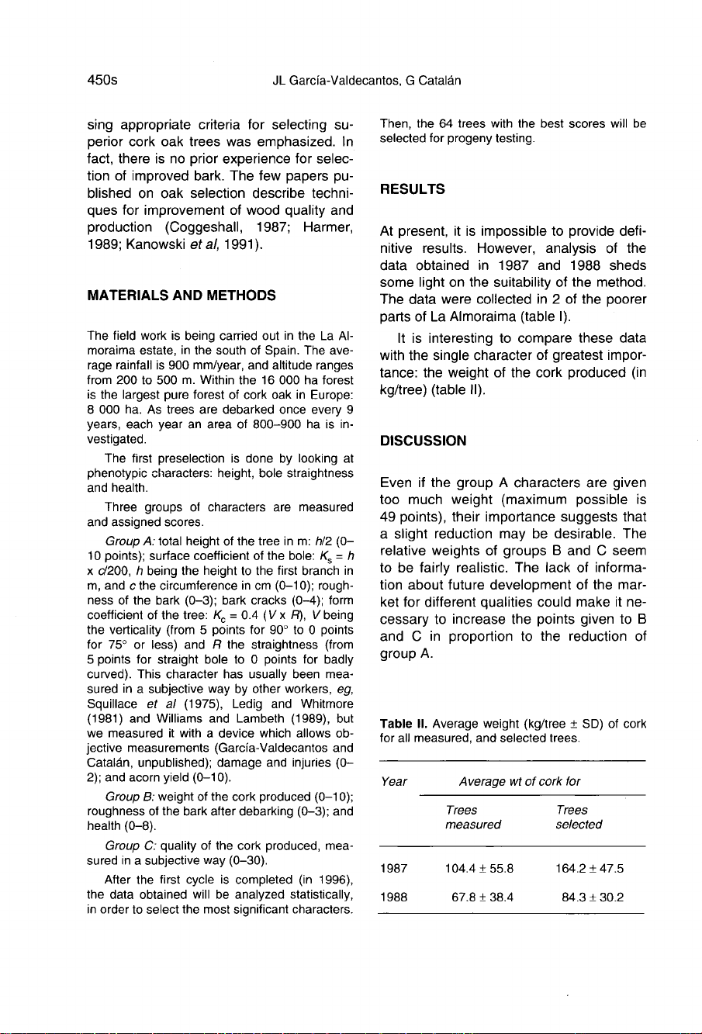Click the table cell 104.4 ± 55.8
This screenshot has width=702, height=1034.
coord(474,869)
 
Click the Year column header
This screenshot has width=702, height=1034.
coord(395,781)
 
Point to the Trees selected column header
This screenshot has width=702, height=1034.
coord(579,817)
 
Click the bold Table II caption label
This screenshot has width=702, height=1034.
coord(400,724)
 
